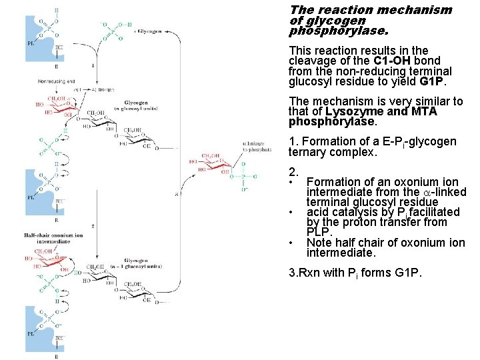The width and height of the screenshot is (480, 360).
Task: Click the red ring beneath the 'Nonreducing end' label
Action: coord(56,107)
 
